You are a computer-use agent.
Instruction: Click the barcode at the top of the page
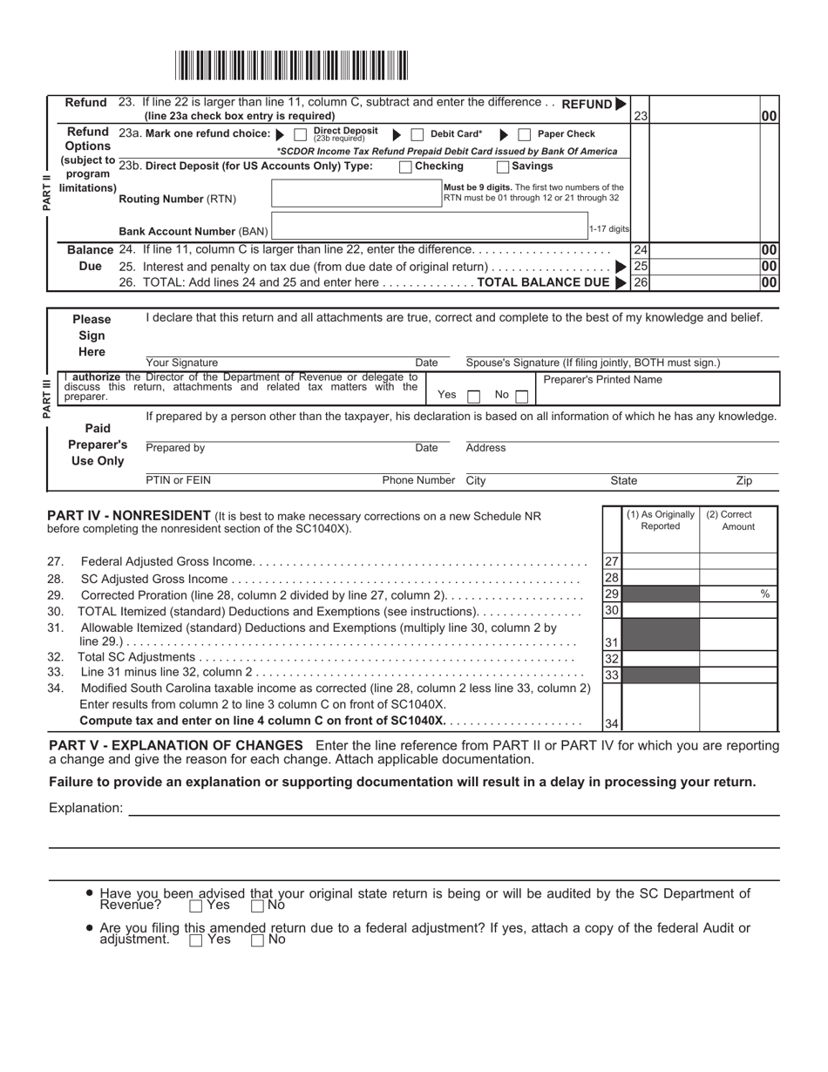292,66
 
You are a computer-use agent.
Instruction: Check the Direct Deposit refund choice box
300,134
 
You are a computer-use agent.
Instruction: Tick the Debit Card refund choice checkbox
417,134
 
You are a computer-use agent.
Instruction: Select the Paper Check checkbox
524,134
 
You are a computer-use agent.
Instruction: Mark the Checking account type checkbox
405,166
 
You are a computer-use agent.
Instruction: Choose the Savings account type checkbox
503,166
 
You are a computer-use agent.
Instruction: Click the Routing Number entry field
357,193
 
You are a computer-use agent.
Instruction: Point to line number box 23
641,115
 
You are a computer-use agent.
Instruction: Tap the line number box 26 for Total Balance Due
641,282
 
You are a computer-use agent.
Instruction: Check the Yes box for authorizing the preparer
473,396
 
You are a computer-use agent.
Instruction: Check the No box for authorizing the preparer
521,396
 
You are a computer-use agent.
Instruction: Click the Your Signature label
182,363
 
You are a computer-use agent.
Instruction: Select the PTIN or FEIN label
178,480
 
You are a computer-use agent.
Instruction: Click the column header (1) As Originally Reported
661,520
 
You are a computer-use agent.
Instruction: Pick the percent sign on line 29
765,594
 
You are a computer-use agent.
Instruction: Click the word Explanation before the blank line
86,808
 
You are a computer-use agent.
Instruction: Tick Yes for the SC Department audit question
196,906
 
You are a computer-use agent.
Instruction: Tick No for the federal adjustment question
257,940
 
